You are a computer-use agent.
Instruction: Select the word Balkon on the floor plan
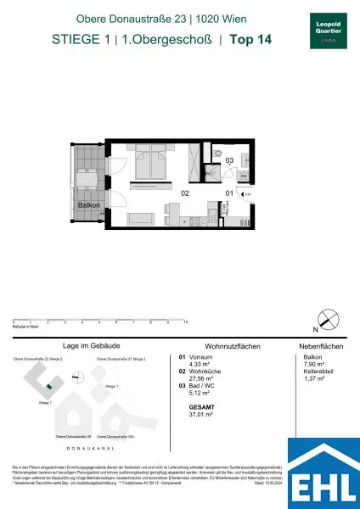pos(89,204)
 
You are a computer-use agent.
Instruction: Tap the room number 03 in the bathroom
pos(229,159)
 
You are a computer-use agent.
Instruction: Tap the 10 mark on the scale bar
pos(185,323)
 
